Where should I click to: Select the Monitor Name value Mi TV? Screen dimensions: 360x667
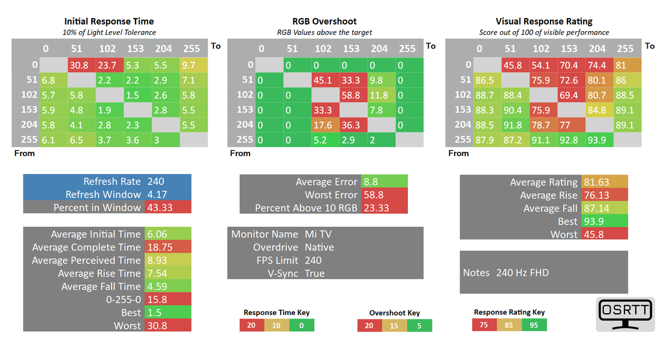(x=319, y=234)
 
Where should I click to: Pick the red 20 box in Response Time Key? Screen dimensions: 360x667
(x=251, y=325)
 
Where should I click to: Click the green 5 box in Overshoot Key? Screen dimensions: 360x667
(x=419, y=326)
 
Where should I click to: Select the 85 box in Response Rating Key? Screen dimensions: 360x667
(x=509, y=325)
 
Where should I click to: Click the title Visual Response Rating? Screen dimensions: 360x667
(x=544, y=22)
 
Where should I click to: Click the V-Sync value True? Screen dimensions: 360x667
(x=314, y=273)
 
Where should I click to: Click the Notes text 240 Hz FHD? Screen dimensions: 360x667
(x=522, y=272)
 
